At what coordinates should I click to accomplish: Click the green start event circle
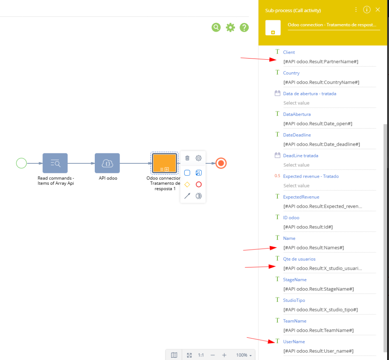[x=21, y=163]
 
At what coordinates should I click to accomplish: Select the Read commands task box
[x=55, y=163]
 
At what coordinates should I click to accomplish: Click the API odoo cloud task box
[x=107, y=163]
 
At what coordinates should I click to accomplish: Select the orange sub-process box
[x=164, y=163]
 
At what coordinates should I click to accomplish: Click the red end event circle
[x=221, y=163]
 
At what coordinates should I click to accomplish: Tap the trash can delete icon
[x=187, y=158]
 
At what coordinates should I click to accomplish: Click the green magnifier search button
[x=216, y=27]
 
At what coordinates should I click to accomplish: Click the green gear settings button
[x=230, y=27]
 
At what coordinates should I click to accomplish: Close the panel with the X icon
[x=378, y=10]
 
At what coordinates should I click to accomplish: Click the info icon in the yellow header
[x=367, y=10]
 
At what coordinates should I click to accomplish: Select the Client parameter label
[x=289, y=52]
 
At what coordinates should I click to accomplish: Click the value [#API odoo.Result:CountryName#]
[x=321, y=82]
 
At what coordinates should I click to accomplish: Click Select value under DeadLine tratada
[x=296, y=165]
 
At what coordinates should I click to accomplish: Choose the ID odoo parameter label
[x=291, y=218]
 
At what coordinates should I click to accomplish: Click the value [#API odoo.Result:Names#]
[x=314, y=248]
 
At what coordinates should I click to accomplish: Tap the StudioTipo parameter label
[x=294, y=300]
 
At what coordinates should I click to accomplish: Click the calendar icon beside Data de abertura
[x=277, y=93]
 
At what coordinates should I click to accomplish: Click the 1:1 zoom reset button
[x=201, y=355]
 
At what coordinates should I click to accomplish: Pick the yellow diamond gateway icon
[x=187, y=184]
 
